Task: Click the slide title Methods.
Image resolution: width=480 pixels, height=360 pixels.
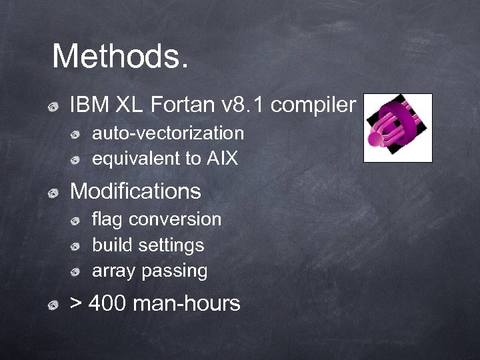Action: coord(120,57)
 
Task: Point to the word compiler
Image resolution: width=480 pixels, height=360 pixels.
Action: coord(313,105)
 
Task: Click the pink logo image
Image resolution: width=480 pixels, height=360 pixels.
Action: coord(397,128)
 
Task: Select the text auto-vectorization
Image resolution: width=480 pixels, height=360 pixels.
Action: coord(168,133)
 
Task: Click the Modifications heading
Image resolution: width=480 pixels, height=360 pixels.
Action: coord(135,191)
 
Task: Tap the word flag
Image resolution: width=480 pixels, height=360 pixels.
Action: coord(107,219)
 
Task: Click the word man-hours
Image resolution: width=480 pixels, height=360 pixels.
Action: coord(187,304)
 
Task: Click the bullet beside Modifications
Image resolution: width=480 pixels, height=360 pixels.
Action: coord(52,193)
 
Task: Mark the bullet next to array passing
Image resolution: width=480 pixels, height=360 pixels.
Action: coord(76,272)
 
